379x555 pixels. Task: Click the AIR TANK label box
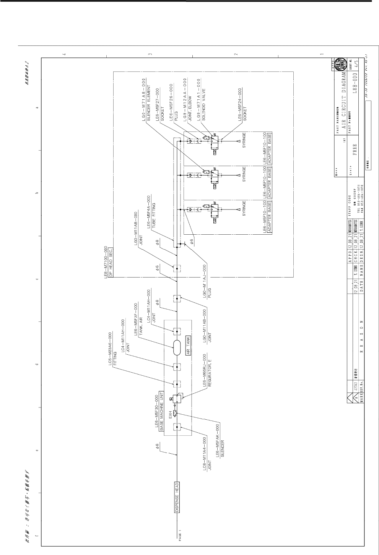tap(189, 347)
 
